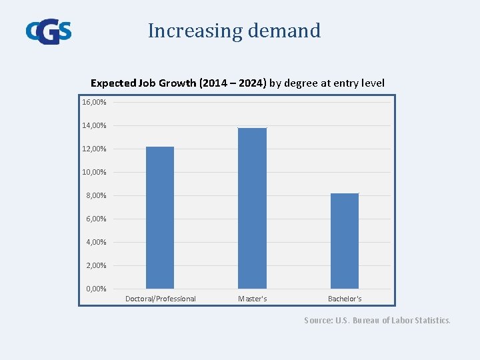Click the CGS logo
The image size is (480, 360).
(49, 31)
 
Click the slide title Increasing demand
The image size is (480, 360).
(234, 31)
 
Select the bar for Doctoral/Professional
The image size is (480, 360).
(160, 217)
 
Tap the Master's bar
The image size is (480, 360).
(252, 208)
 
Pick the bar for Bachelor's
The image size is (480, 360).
(345, 241)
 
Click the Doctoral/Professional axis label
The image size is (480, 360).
(161, 299)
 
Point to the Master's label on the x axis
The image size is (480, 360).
(253, 299)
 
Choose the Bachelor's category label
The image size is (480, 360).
(345, 299)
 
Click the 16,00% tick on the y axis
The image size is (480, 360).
(94, 102)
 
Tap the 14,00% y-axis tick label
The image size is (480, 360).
(94, 125)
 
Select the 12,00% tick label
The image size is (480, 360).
(94, 149)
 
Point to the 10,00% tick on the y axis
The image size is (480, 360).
(94, 172)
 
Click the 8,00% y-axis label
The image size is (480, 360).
(96, 195)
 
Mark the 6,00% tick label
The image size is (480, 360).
(96, 219)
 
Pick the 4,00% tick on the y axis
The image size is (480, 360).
(96, 242)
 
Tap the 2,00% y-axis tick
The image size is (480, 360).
(96, 265)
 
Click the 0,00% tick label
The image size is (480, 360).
(96, 288)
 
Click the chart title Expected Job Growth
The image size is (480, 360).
(237, 83)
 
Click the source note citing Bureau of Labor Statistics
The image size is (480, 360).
(377, 320)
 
